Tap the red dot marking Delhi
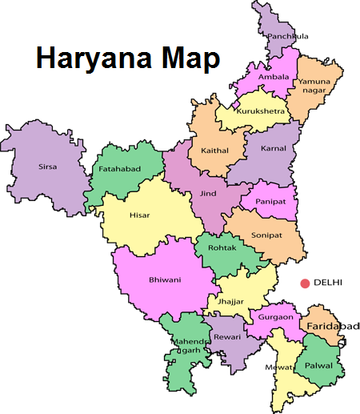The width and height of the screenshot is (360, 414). click(305, 283)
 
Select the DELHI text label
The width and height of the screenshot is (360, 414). click(329, 283)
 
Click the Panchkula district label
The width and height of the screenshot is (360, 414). click(288, 36)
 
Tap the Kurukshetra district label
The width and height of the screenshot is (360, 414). click(258, 112)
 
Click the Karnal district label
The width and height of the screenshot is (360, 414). click(273, 149)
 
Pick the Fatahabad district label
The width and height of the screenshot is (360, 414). click(118, 169)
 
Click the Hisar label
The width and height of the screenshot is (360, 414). click(139, 215)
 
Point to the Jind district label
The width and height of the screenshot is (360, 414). click(206, 193)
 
